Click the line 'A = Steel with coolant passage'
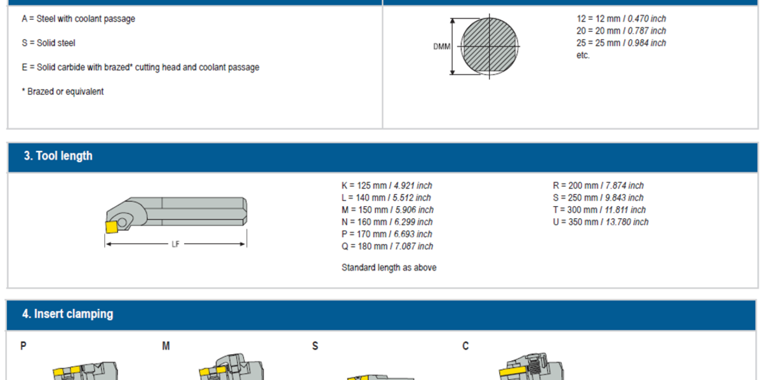coord(78,19)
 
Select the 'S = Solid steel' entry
coord(48,43)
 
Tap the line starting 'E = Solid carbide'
coord(140,67)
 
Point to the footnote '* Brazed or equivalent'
coord(63,91)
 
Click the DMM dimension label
coord(441,47)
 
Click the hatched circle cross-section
coord(489,46)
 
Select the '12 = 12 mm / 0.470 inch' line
coord(620,19)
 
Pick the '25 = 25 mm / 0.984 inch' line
coord(620,43)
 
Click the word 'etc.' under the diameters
coord(583,55)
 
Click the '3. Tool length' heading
coord(58,156)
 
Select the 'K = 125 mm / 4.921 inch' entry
coord(386,186)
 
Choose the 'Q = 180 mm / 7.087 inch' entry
coord(387,246)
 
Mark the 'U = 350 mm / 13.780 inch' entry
coord(601,222)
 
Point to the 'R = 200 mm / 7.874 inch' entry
coord(598,186)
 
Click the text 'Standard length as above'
coord(389,268)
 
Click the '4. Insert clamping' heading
coord(67,314)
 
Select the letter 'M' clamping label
coord(166,346)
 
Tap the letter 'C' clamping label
coord(466,346)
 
